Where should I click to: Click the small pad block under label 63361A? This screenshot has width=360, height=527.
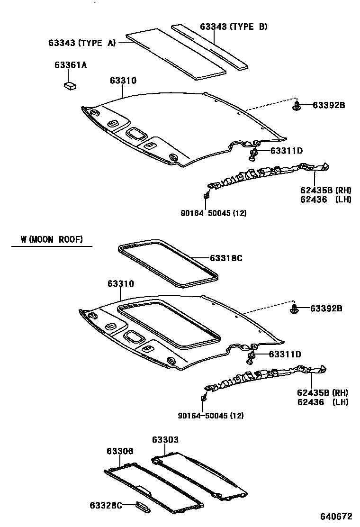[x=70, y=85]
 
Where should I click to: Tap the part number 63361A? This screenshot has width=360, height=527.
[x=70, y=65]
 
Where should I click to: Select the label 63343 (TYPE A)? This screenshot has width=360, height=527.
[x=81, y=43]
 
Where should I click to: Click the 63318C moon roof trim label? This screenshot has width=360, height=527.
[x=226, y=258]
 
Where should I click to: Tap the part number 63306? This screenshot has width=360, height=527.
[x=120, y=451]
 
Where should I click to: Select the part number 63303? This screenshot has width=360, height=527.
[x=165, y=440]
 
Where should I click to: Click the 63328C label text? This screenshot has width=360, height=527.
[x=105, y=505]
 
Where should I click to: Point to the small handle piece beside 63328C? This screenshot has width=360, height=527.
[x=143, y=506]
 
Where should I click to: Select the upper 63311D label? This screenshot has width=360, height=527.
[x=287, y=151]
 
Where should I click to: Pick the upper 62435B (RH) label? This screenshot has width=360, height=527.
[x=325, y=190]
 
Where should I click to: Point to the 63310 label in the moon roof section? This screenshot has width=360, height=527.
[x=121, y=283]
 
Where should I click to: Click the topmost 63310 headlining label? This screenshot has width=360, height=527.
[x=123, y=81]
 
